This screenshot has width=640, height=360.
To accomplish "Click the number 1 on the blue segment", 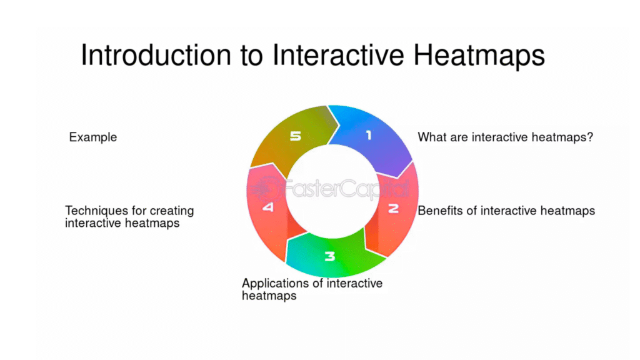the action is click(369, 135).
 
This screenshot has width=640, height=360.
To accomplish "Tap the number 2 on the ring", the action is click(393, 209).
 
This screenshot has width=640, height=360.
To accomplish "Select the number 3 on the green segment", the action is click(330, 256).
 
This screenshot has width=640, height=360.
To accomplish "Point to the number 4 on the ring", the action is click(268, 207).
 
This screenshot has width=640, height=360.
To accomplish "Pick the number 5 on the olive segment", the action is click(296, 136).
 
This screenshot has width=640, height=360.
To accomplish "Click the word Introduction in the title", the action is click(156, 55).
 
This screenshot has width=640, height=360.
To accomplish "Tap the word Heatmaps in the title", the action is click(479, 56).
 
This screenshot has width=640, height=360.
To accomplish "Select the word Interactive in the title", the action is click(338, 55).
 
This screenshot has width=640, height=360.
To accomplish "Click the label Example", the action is click(93, 137).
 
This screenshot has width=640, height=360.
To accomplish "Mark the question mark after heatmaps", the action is click(590, 137).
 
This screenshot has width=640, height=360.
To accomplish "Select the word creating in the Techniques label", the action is click(172, 211).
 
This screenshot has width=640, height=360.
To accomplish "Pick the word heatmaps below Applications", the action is click(269, 296).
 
